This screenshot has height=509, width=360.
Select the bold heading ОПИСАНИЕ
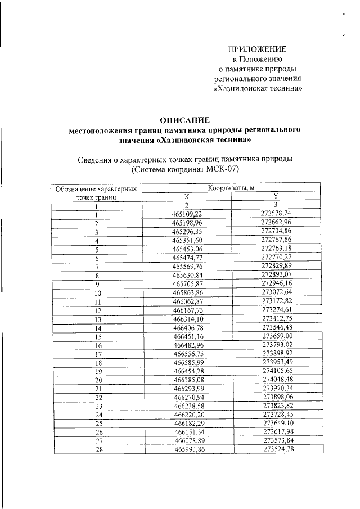pyautogui.click(x=184, y=120)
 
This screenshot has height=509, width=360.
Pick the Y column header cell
pyautogui.click(x=276, y=196)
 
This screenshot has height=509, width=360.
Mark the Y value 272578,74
pyautogui.click(x=276, y=214)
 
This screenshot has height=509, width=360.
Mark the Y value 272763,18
pyautogui.click(x=276, y=249)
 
